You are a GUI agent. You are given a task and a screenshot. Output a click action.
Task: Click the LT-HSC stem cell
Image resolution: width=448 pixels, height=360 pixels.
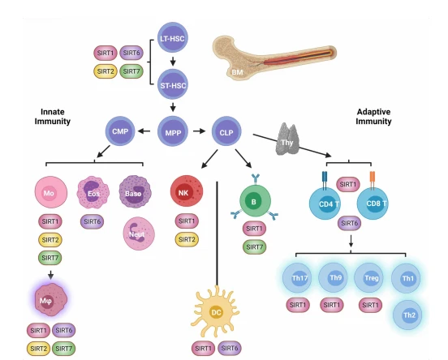(173, 37)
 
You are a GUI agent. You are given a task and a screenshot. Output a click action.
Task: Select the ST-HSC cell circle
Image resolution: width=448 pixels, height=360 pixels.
(173, 84)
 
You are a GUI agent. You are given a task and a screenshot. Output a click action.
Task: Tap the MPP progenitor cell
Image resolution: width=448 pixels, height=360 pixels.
(173, 131)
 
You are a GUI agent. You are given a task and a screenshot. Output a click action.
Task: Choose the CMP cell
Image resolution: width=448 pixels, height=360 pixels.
(120, 131)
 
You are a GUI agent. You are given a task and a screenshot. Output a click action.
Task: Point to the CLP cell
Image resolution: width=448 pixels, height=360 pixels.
(226, 131)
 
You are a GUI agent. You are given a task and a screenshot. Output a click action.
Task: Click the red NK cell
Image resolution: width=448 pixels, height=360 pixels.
(187, 191)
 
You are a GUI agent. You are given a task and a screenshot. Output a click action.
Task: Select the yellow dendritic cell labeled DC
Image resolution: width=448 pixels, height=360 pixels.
(215, 311)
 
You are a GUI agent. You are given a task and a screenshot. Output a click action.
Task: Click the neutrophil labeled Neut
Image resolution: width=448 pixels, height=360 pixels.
(139, 234)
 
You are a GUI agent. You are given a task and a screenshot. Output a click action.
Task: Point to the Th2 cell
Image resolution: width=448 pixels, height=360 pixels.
(407, 315)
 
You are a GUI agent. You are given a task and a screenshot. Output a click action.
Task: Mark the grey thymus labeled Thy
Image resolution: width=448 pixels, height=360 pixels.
(286, 139)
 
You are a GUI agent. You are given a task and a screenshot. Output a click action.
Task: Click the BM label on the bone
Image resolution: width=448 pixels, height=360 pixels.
(237, 72)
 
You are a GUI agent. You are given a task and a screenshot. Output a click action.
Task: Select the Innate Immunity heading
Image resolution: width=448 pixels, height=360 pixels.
(53, 117)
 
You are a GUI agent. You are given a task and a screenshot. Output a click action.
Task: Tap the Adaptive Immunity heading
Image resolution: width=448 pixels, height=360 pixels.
(373, 117)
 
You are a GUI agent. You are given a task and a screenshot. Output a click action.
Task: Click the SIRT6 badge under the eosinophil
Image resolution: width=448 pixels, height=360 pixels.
(92, 221)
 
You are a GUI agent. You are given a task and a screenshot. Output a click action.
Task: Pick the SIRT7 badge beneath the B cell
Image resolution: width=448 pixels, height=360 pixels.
(254, 247)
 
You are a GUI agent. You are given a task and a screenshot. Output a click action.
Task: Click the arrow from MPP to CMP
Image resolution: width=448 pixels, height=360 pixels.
(144, 131)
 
